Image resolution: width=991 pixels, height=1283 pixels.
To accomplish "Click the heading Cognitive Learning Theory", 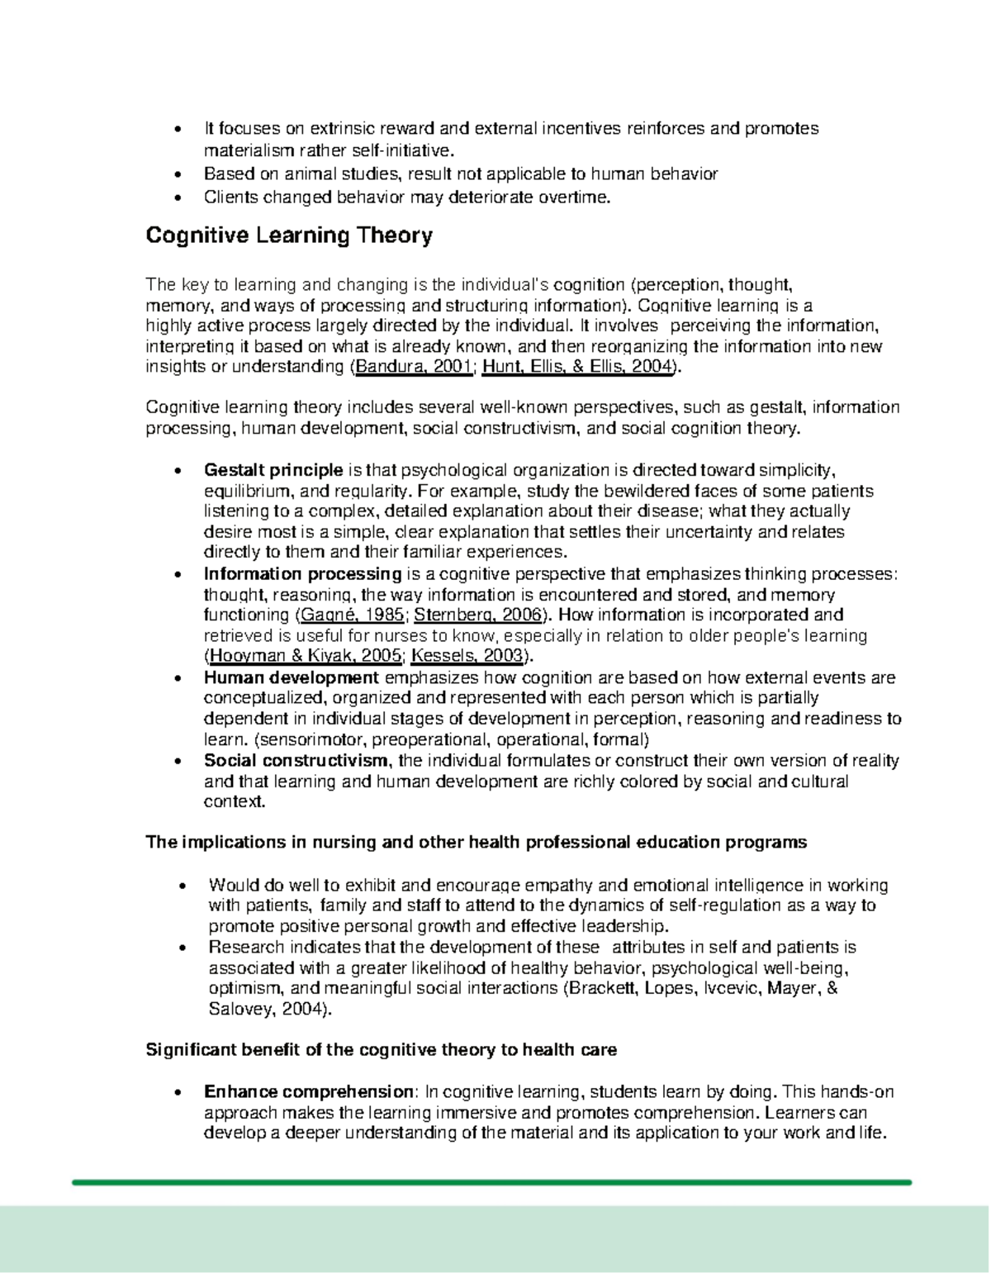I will (289, 236).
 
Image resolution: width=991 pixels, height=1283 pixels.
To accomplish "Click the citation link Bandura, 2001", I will (413, 368).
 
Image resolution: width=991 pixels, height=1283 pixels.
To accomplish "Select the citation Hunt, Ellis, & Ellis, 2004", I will (576, 368).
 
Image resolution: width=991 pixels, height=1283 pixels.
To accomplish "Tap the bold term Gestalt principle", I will (273, 470).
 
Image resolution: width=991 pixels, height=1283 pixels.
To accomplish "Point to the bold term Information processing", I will (302, 574).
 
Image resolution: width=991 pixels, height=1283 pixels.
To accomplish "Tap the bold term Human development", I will (292, 678).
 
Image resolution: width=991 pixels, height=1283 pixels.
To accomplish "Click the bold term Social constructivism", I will (296, 761).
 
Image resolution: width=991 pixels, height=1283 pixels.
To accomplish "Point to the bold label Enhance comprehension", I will (309, 1092).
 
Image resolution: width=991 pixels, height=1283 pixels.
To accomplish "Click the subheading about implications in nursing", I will (476, 843).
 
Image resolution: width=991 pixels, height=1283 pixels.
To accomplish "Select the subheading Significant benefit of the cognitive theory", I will (381, 1050).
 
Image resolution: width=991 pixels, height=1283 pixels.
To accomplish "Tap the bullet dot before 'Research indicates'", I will (183, 948).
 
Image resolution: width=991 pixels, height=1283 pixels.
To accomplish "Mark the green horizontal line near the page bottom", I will (491, 1182).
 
